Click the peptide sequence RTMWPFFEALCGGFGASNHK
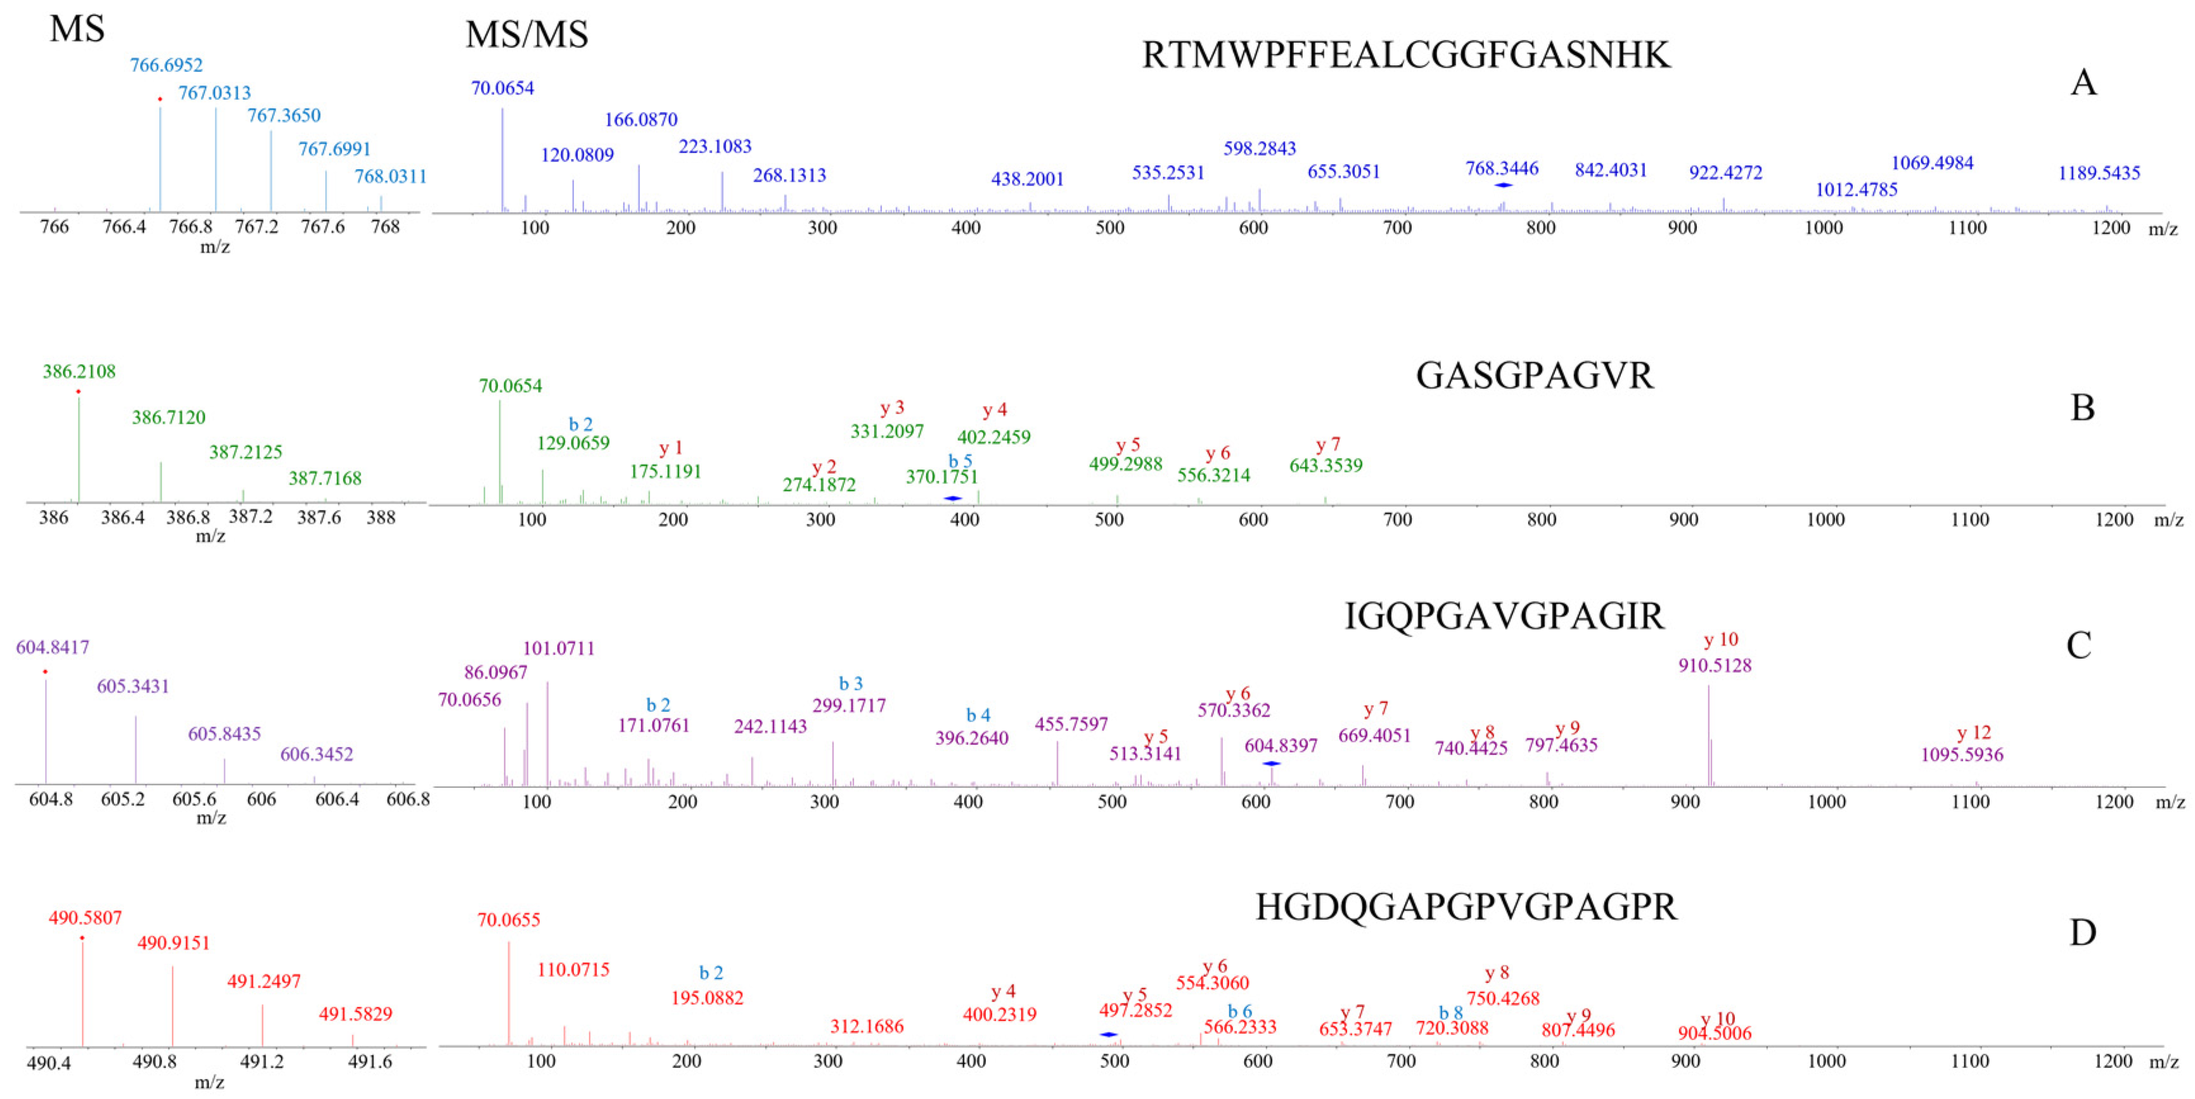pyautogui.click(x=1406, y=55)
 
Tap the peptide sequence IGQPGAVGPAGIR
pyautogui.click(x=1504, y=616)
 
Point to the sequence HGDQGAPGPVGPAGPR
pyautogui.click(x=1466, y=907)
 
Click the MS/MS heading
pyautogui.click(x=527, y=35)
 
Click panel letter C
pyautogui.click(x=2078, y=645)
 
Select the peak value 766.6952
pyautogui.click(x=166, y=65)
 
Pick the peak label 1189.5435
pyautogui.click(x=2099, y=173)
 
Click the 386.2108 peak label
pyautogui.click(x=79, y=371)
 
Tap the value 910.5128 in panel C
pyautogui.click(x=1715, y=665)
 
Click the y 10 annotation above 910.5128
pyautogui.click(x=1720, y=640)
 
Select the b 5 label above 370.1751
pyautogui.click(x=961, y=461)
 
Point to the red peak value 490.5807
pyautogui.click(x=85, y=918)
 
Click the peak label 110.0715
pyautogui.click(x=573, y=970)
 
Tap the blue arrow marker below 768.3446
pyautogui.click(x=1503, y=185)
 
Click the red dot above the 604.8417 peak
pyautogui.click(x=45, y=672)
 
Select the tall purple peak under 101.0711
pyautogui.click(x=547, y=733)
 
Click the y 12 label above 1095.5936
pyautogui.click(x=1973, y=733)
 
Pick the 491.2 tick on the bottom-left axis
pyautogui.click(x=262, y=1062)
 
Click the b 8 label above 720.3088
pyautogui.click(x=1450, y=1012)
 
